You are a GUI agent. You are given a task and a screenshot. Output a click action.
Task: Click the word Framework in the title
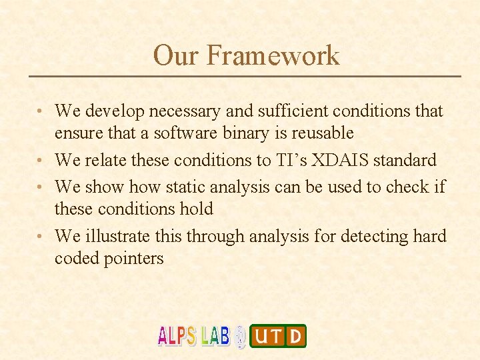tap(273, 55)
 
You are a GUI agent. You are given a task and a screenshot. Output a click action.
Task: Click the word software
tap(185, 133)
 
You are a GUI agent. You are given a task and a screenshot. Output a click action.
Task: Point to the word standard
tap(405, 160)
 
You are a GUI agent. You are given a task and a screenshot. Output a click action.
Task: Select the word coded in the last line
tap(77, 259)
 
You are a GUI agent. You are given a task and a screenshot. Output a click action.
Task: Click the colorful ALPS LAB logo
tap(193, 335)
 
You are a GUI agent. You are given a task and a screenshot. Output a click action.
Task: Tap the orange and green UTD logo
tap(278, 336)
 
